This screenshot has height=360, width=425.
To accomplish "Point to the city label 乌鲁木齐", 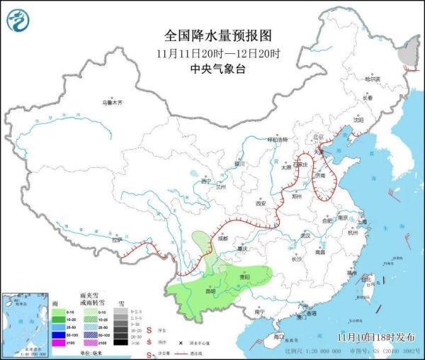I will coord(112,103).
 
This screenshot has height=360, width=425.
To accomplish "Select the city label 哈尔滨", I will coord(372,79).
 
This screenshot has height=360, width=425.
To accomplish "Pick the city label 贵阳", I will coord(244,276).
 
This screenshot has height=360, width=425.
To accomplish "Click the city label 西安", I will coord(260,204).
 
